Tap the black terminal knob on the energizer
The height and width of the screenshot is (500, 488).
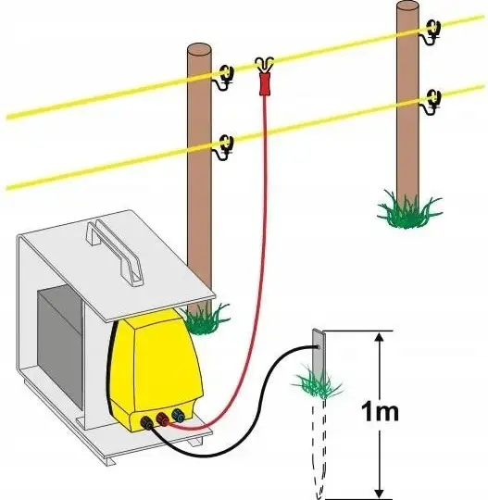[147, 422]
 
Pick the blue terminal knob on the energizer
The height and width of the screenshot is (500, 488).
[178, 415]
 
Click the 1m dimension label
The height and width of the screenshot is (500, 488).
[380, 412]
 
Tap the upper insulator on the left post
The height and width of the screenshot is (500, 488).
[226, 77]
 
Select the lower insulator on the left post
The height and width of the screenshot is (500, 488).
[226, 146]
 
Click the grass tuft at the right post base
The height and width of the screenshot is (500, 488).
[410, 209]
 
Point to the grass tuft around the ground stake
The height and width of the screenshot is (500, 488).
[317, 384]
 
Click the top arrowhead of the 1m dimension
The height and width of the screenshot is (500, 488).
[379, 337]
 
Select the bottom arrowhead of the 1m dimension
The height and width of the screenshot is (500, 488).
[379, 493]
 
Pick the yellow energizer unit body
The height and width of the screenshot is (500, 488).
[155, 364]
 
